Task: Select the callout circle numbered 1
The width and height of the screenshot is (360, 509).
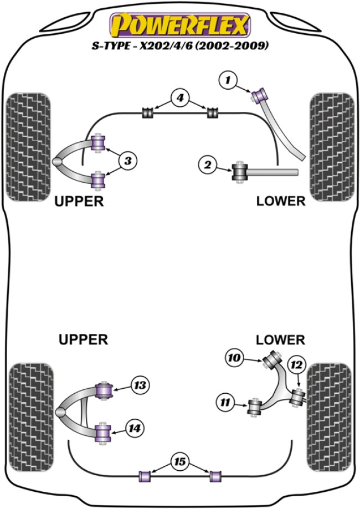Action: (x=228, y=80)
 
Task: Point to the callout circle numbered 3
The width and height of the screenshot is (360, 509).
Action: (x=127, y=161)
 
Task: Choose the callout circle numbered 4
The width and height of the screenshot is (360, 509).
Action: (x=179, y=99)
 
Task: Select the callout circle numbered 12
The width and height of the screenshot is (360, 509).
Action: (x=296, y=364)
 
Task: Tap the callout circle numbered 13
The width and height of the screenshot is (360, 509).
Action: (x=140, y=384)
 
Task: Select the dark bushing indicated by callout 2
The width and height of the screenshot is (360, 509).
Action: (x=241, y=171)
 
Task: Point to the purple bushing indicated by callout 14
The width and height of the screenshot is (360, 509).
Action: (x=104, y=432)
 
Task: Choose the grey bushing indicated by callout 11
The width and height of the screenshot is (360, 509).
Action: (x=255, y=408)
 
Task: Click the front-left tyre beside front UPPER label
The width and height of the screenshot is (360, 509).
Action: (x=28, y=146)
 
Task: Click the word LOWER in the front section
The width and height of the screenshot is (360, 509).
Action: (x=281, y=201)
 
